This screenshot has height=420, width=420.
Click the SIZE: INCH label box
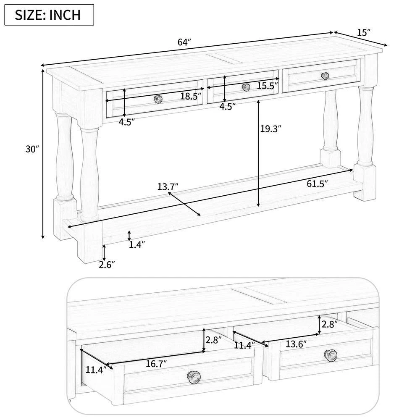49,15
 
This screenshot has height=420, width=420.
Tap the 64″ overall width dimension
184,43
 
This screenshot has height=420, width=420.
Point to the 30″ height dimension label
31,149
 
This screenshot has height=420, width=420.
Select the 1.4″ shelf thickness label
137,245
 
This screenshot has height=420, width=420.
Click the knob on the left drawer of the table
158,99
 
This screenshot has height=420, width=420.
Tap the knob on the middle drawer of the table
246,87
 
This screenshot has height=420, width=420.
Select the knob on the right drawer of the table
325,76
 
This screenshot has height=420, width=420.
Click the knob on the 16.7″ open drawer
194,377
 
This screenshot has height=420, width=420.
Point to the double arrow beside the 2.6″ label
104,252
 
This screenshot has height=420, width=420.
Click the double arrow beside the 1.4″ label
129,235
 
